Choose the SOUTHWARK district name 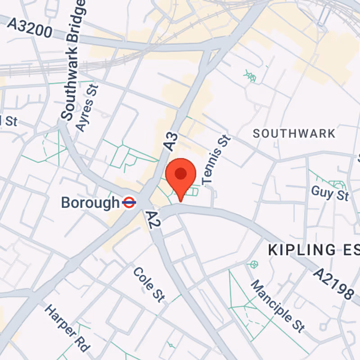coord(294,133)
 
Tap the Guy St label coord(330,193)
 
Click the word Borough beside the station coord(90,202)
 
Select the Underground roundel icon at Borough coord(129,202)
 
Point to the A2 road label coord(153,220)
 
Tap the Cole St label coord(149,284)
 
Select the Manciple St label coord(277,306)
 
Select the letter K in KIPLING coord(273,250)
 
